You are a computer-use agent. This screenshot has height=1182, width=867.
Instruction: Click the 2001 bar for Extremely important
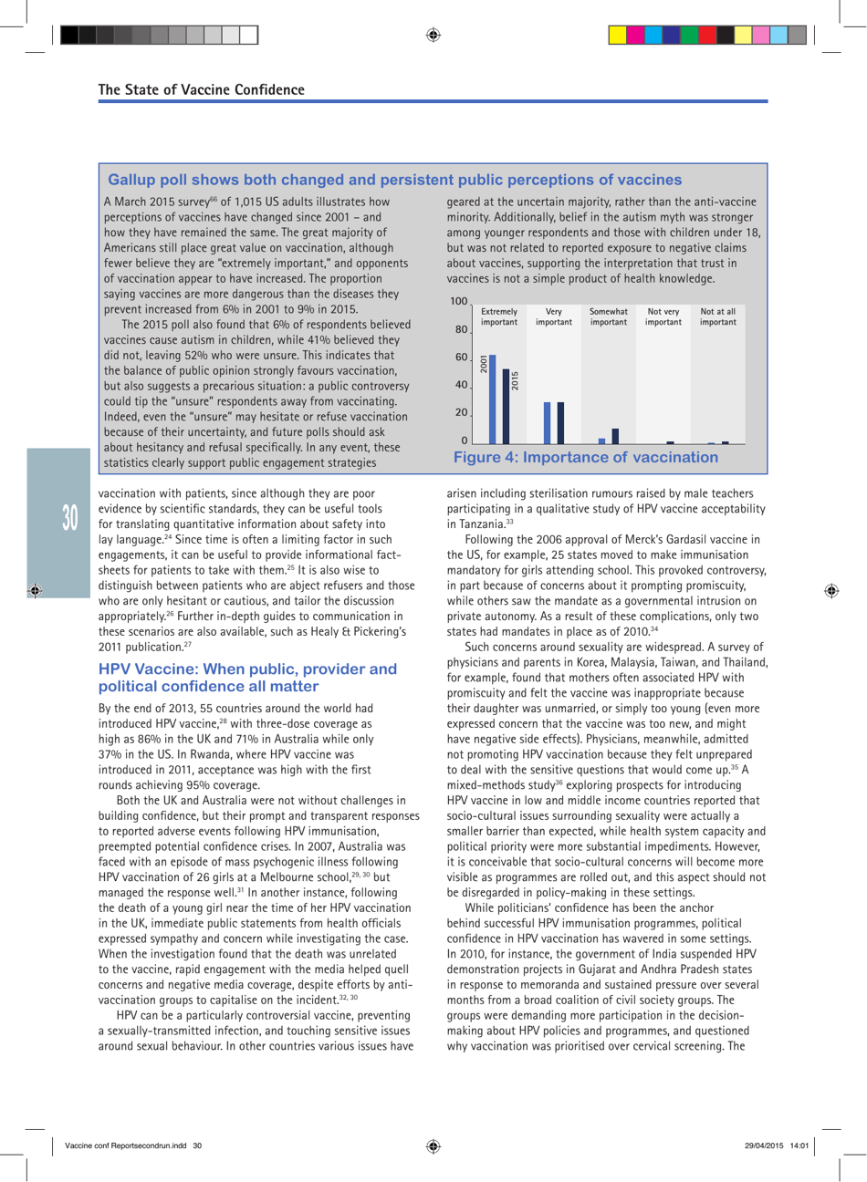click(493, 399)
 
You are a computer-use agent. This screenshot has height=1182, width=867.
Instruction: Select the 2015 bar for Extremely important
click(507, 407)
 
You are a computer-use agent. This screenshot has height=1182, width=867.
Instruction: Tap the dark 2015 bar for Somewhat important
click(615, 436)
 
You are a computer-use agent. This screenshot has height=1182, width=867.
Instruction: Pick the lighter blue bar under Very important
click(548, 423)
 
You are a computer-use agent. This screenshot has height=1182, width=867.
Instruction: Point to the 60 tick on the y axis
click(461, 358)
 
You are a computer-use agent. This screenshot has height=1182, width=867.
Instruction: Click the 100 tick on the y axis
click(459, 301)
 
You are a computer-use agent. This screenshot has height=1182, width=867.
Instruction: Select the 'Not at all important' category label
click(717, 316)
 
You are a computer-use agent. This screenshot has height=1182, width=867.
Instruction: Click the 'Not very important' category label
click(663, 316)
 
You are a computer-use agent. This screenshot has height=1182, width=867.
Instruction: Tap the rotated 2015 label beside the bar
click(515, 380)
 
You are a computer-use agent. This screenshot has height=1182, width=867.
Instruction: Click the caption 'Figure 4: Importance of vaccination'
click(586, 457)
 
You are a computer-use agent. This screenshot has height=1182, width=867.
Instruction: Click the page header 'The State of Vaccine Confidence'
click(202, 89)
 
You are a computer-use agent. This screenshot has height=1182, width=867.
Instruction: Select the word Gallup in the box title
click(132, 180)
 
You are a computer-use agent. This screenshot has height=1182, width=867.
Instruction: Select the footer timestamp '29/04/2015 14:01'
click(777, 1145)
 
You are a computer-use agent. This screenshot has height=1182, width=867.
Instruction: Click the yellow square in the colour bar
click(618, 36)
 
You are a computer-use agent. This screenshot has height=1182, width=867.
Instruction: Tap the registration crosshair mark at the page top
click(433, 35)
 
